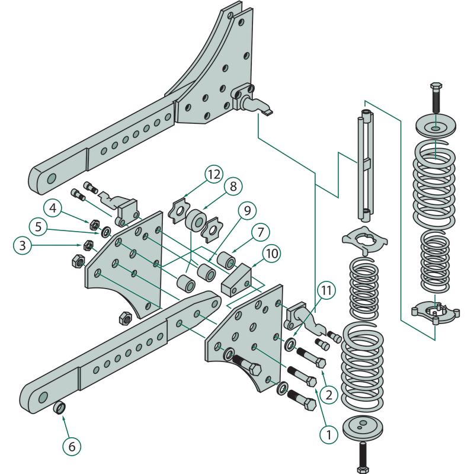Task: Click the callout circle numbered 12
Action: tap(214, 175)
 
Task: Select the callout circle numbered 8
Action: tap(232, 185)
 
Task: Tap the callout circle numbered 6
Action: tap(72, 446)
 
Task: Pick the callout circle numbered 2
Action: tap(330, 392)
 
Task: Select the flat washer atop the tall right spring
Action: tap(435, 128)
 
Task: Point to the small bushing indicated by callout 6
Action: tap(60, 408)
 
